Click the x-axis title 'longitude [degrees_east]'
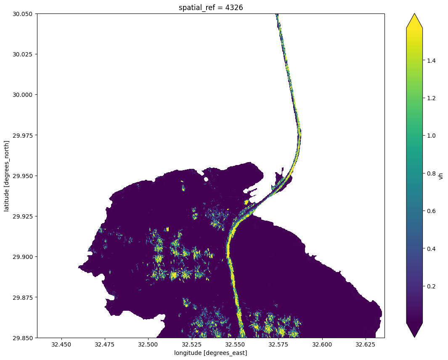pyautogui.click(x=210, y=352)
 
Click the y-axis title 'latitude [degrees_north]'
pyautogui.click(x=7, y=176)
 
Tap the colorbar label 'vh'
pyautogui.click(x=441, y=176)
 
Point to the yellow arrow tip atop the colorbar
pyautogui.click(x=414, y=19)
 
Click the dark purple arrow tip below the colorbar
pyautogui.click(x=414, y=332)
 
